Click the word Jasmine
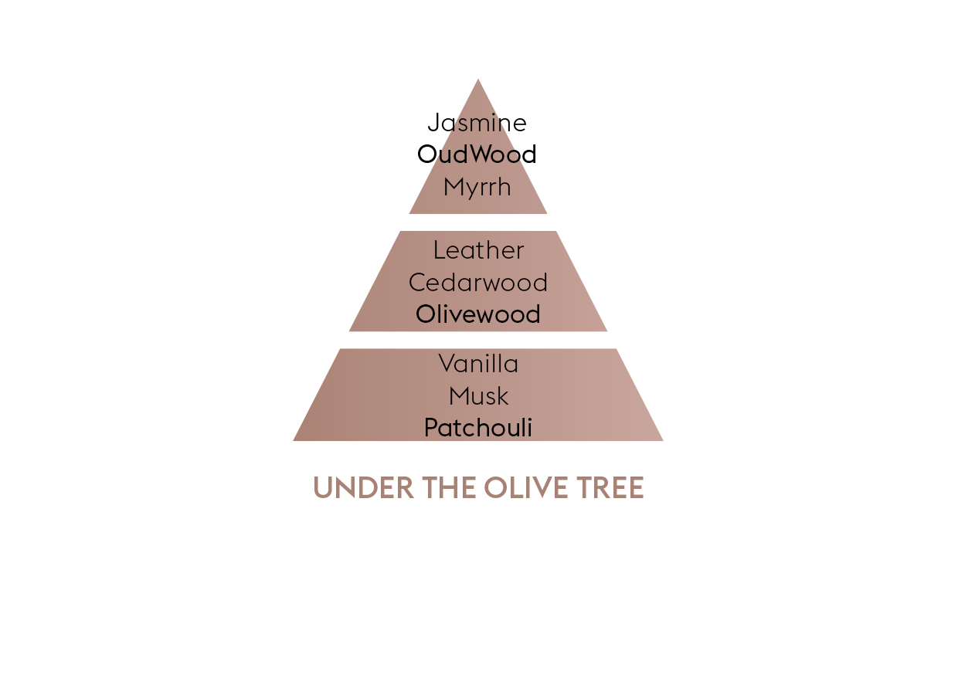(477, 123)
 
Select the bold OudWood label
(477, 154)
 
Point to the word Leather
(478, 250)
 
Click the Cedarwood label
(478, 283)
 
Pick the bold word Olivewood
(478, 314)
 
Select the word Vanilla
(478, 364)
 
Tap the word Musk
(479, 396)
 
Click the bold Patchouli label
(478, 428)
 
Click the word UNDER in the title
(364, 488)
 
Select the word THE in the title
(449, 488)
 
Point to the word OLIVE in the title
(526, 488)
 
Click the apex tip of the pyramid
(478, 79)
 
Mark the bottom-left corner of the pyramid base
(293, 441)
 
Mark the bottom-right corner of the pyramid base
(664, 441)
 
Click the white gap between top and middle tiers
(478, 222)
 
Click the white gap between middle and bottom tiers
(478, 340)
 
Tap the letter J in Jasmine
(433, 123)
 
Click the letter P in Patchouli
(432, 428)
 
